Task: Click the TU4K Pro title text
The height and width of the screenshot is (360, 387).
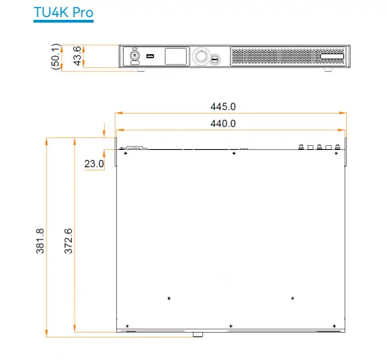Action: pos(64,12)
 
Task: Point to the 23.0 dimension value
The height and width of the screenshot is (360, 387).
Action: pos(94,164)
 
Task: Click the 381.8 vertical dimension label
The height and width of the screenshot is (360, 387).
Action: pos(40,240)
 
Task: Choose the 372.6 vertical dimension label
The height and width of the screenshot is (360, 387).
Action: pos(68,240)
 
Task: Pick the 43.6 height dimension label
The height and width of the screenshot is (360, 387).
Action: pos(77,55)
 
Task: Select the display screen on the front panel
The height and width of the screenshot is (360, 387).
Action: pos(175,57)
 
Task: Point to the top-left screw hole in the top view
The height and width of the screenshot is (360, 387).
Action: pos(126,153)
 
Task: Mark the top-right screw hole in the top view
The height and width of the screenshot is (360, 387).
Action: pos(336,153)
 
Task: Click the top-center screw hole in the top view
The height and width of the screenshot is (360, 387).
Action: pos(234,153)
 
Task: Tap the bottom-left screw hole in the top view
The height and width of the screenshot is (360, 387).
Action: pos(127,325)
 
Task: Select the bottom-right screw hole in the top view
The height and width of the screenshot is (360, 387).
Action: pos(334,325)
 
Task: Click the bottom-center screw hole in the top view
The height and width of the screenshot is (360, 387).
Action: pos(231,325)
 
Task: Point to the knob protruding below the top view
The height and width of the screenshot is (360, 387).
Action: pos(198,335)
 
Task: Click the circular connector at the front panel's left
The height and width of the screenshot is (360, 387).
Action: pos(134,55)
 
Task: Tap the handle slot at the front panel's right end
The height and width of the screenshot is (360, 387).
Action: pos(332,56)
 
